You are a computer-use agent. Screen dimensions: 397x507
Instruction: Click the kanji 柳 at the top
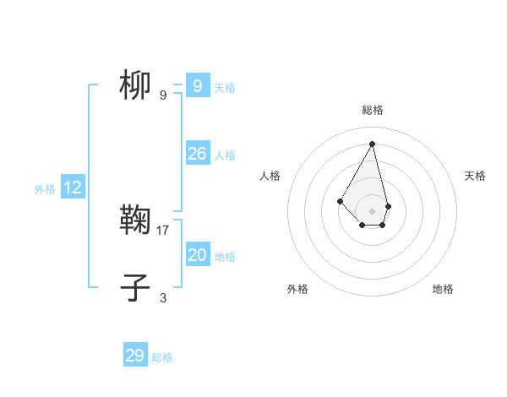[x=135, y=85]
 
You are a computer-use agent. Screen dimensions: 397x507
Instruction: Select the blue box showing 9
[x=197, y=86]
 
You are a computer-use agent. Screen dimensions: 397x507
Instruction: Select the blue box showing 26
[x=197, y=154]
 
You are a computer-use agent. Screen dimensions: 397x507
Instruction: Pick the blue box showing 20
[x=197, y=255]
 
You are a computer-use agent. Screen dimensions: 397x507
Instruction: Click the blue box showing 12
[x=73, y=188]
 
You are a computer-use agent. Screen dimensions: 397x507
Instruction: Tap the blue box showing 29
[x=134, y=356]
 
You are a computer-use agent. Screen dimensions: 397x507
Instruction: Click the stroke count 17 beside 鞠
[x=163, y=230]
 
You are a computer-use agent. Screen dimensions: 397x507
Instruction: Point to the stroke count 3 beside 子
[x=163, y=297]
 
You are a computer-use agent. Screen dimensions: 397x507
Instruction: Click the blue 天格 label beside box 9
[x=225, y=88]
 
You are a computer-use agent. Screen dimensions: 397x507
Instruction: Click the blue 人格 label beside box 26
[x=225, y=155]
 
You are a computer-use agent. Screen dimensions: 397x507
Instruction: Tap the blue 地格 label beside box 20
[x=225, y=257]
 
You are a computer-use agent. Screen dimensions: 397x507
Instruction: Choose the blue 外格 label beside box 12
[x=45, y=189]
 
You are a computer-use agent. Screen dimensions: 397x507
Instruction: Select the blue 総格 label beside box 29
[x=162, y=357]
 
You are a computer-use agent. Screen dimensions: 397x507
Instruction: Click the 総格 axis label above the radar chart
[x=372, y=110]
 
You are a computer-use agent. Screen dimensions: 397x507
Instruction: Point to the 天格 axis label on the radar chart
[x=476, y=176]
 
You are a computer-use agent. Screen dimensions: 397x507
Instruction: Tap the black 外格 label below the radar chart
[x=297, y=289]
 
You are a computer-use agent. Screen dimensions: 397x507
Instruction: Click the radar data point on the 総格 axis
[x=372, y=143]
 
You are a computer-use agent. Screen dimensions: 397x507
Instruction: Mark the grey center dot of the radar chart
[x=372, y=211]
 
